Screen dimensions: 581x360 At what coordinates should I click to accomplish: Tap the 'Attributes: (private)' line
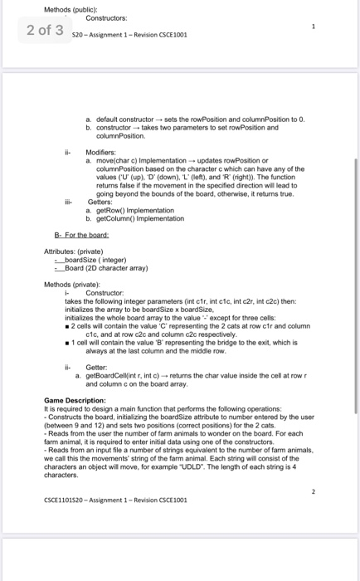pos(74,251)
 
